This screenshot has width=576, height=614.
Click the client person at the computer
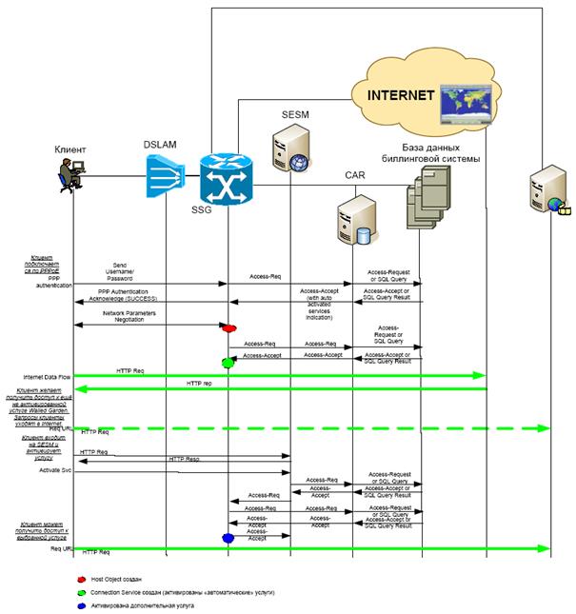70,175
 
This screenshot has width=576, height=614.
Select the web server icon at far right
546,196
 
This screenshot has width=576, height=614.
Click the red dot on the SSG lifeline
228,328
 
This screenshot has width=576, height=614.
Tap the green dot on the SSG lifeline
228,363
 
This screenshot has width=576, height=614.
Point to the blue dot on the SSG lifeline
228,538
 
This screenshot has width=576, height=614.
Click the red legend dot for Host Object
80,578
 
